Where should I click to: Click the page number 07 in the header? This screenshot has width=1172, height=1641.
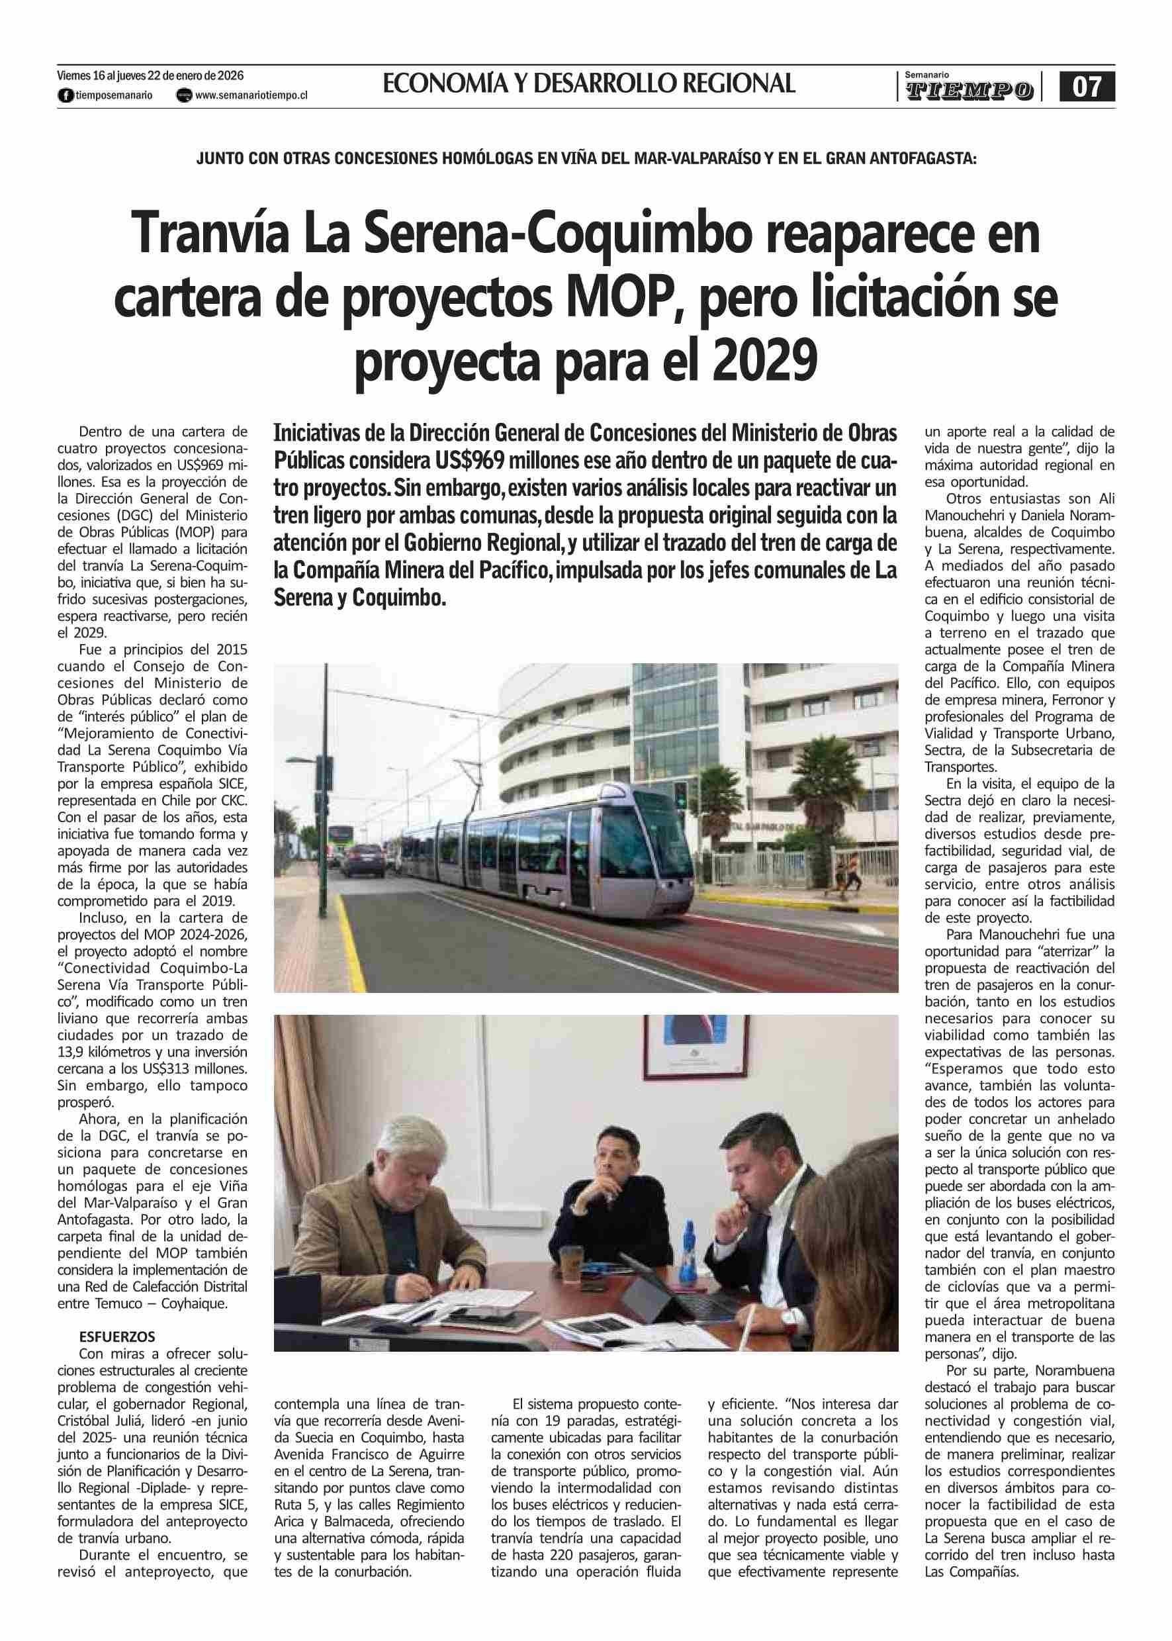[1086, 87]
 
